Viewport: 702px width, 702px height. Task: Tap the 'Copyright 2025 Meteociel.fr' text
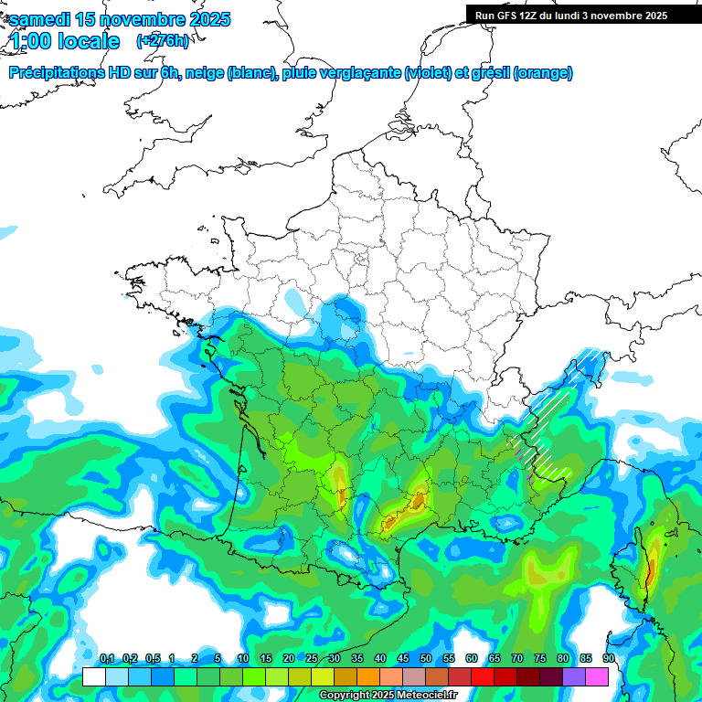coord(388,696)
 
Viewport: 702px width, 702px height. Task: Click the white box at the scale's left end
coord(93,677)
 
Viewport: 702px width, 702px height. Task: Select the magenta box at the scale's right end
coord(597,677)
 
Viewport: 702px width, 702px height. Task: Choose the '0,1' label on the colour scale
coord(107,659)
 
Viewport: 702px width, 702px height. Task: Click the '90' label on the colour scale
coord(609,659)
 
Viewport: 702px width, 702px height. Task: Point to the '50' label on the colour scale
coord(426,659)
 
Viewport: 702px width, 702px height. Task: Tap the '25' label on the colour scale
coord(312,659)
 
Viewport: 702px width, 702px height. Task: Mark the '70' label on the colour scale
coord(517,659)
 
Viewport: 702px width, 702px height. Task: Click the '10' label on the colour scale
coord(243,659)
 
